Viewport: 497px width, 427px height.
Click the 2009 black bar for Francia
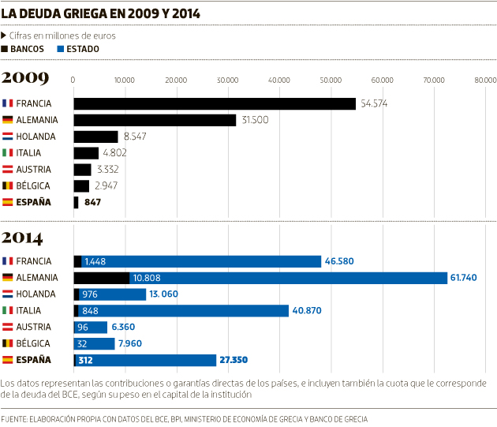tap(215, 103)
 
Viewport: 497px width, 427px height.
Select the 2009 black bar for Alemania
tap(155, 120)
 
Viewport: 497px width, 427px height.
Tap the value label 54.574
tap(376, 103)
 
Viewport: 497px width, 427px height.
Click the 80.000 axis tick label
tap(485, 80)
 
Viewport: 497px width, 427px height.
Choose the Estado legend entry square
tap(61, 49)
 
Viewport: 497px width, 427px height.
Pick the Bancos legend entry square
tap(6, 49)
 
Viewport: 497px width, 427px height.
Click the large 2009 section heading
tap(25, 77)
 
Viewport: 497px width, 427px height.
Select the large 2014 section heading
tap(26, 237)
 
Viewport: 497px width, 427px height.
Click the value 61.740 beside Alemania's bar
tap(465, 278)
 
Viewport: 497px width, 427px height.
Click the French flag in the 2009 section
tap(7, 103)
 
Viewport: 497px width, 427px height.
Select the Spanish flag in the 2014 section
tap(7, 360)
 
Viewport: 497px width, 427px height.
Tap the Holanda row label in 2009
tap(35, 137)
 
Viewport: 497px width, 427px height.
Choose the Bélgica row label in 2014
tap(33, 343)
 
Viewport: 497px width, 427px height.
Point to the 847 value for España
tap(92, 202)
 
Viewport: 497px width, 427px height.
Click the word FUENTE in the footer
tap(15, 418)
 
